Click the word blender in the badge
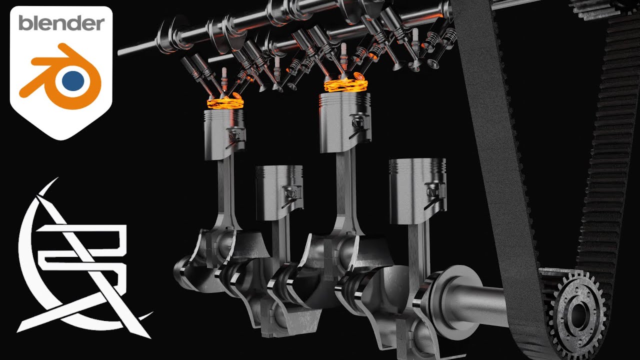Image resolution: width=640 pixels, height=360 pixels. [61, 23]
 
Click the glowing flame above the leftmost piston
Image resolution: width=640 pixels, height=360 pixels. [225, 103]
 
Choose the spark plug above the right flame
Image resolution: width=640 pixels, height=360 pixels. [344, 52]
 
